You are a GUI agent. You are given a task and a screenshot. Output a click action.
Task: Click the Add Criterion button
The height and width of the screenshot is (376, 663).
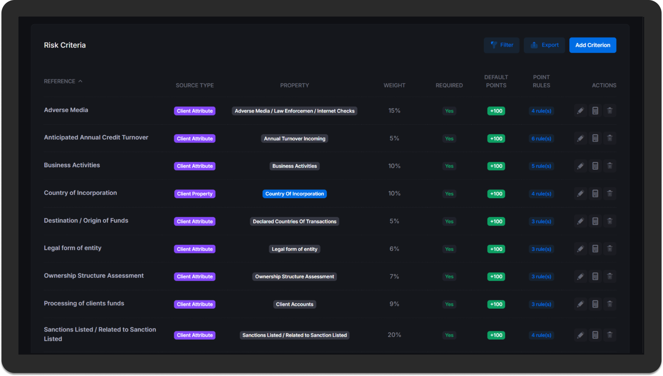(592, 45)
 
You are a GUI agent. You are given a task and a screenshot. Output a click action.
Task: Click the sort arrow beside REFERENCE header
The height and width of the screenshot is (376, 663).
(80, 81)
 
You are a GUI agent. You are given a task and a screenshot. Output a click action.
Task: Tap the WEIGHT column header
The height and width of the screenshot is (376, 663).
(394, 85)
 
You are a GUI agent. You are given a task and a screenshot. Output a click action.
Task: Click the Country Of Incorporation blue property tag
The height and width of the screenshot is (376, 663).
(294, 194)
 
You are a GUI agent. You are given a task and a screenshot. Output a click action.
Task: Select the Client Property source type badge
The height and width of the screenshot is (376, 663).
(195, 194)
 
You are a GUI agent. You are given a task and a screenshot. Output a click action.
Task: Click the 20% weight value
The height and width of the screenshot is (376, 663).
(394, 335)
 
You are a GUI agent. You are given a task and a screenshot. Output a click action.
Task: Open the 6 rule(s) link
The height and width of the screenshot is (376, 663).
(541, 138)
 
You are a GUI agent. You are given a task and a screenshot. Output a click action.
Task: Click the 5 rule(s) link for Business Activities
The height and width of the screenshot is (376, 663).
(541, 166)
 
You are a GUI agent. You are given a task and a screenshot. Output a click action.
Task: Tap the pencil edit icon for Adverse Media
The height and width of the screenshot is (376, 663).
(580, 111)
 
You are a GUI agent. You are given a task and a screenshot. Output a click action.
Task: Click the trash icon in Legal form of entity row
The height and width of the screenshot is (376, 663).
(610, 249)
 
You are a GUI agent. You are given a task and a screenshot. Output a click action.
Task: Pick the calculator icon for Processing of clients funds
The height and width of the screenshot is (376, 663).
(595, 304)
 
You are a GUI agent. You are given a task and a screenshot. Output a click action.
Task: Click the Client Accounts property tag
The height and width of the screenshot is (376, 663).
(294, 304)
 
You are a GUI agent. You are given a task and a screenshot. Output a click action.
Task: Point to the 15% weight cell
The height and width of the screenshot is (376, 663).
(394, 111)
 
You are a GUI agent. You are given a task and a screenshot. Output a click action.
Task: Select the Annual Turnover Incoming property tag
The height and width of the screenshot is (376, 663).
(294, 138)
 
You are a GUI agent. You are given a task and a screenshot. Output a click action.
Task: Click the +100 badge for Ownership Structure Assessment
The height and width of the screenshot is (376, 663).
(496, 276)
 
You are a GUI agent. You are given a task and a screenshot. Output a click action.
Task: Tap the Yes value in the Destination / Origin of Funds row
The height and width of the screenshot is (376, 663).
(449, 221)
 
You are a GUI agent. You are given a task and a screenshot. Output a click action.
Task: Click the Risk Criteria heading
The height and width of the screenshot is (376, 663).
(65, 45)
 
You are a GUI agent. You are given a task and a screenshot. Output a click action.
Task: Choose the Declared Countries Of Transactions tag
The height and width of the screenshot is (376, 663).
(294, 221)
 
